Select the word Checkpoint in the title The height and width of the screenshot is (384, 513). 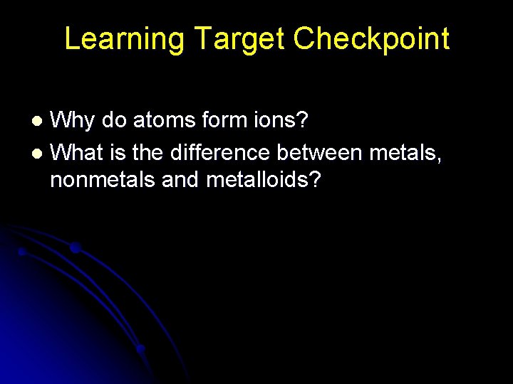[371, 38]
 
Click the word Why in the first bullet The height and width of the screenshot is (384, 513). [73, 121]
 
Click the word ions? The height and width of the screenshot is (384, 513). [281, 119]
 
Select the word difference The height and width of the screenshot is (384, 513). [221, 151]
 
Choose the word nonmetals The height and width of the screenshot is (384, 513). [103, 181]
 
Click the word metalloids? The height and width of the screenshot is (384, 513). [264, 181]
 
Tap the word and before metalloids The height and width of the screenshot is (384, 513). [181, 181]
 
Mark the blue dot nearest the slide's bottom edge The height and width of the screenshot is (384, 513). [140, 349]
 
